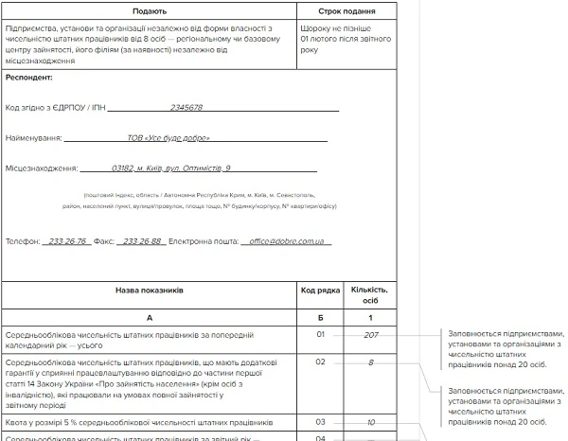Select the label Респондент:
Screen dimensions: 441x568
coord(29,77)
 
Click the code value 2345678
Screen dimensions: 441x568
coord(186,108)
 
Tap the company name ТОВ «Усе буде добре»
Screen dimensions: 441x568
coord(169,138)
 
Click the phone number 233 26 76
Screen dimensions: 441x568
coord(67,241)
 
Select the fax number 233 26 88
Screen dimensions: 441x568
coord(142,241)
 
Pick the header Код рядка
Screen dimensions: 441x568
coord(320,292)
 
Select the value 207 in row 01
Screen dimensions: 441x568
coord(370,334)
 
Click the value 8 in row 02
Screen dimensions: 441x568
coord(370,362)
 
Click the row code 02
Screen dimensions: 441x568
coord(320,362)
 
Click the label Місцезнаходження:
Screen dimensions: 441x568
coord(41,168)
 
